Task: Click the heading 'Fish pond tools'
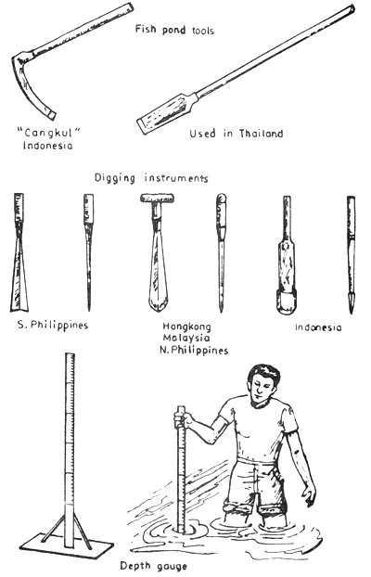pyautogui.click(x=177, y=31)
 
